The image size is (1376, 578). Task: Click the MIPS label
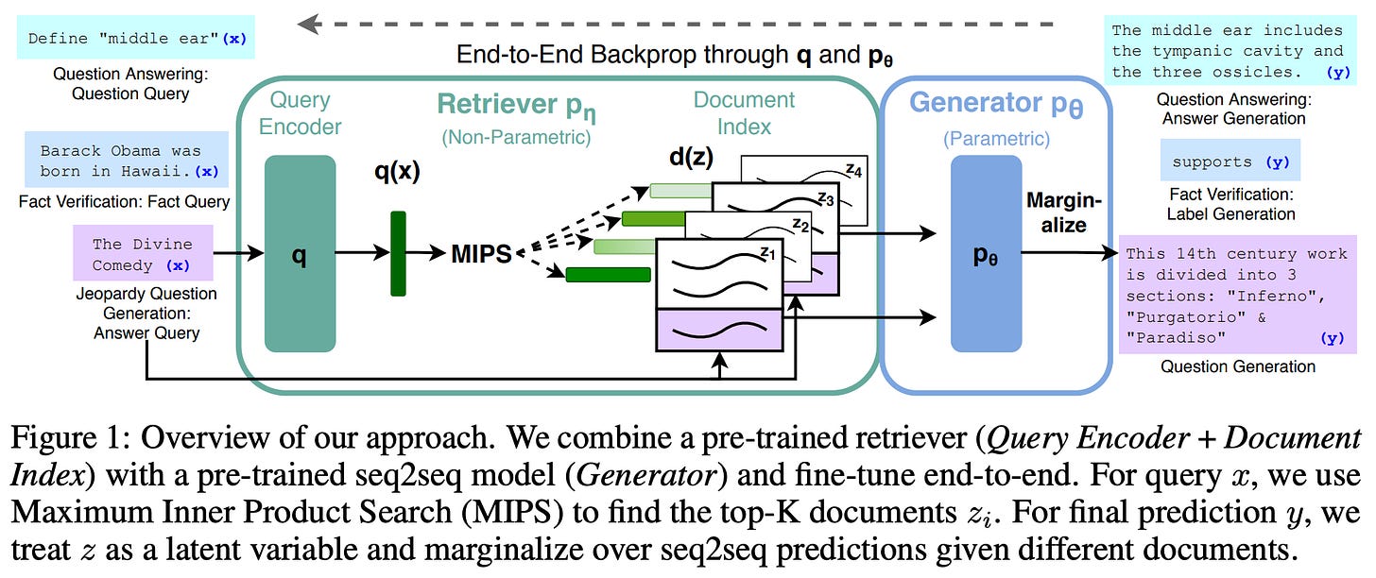[x=481, y=253]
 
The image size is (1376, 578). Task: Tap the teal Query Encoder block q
[x=300, y=253]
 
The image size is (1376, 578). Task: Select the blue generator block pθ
[x=986, y=253]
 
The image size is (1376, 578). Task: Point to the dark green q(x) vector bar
[x=398, y=253]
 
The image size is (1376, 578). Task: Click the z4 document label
[x=854, y=169]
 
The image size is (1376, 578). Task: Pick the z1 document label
[x=767, y=252]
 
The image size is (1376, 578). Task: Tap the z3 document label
[x=826, y=198]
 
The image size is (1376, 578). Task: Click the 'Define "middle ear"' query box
[x=136, y=38]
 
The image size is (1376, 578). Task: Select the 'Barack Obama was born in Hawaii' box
[x=127, y=160]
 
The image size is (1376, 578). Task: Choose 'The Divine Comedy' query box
[x=143, y=253]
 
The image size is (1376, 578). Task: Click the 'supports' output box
[x=1230, y=161]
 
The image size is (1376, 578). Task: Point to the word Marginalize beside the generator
[x=1064, y=212]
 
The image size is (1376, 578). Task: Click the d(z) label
[x=691, y=157]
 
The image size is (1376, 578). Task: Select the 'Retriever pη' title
[x=516, y=106]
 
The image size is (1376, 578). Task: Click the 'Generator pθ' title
[x=996, y=104]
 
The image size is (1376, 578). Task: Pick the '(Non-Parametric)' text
[x=516, y=137]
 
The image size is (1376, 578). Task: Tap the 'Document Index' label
[x=744, y=113]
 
